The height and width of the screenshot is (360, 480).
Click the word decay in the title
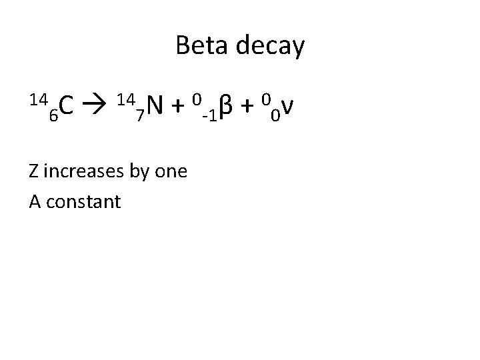(x=271, y=47)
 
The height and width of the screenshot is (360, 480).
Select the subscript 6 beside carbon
(x=53, y=116)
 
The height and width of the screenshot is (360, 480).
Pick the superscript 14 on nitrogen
(x=125, y=99)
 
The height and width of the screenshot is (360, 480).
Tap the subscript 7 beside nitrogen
(x=139, y=116)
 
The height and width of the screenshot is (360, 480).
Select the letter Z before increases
(x=34, y=172)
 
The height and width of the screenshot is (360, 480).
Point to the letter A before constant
(x=35, y=201)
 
